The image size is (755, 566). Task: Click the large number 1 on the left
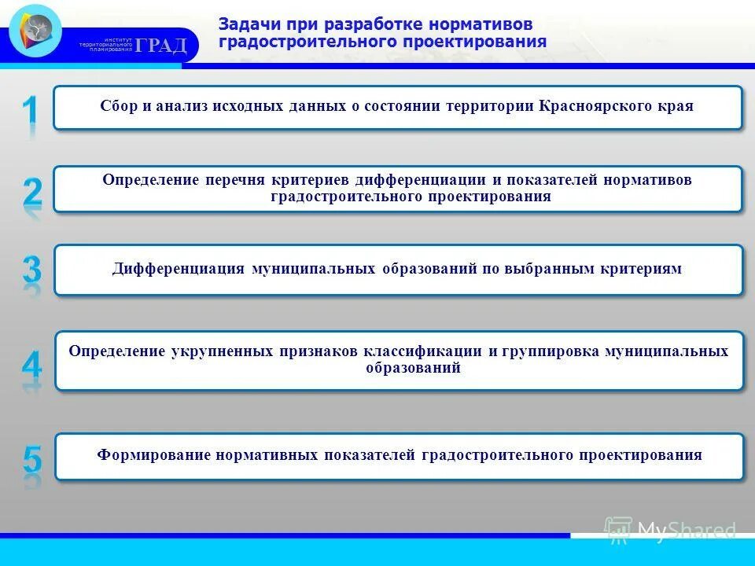(x=30, y=110)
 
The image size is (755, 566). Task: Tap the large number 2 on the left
(x=31, y=192)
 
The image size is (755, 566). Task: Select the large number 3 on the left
(x=31, y=270)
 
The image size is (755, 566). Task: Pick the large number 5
(x=32, y=458)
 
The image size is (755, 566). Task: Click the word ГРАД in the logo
(x=161, y=46)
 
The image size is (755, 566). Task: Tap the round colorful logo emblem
(x=35, y=31)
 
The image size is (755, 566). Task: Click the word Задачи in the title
(x=246, y=24)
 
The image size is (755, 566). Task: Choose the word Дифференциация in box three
(x=179, y=269)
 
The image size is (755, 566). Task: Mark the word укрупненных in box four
(x=222, y=351)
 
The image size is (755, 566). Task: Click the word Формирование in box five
(x=149, y=455)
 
